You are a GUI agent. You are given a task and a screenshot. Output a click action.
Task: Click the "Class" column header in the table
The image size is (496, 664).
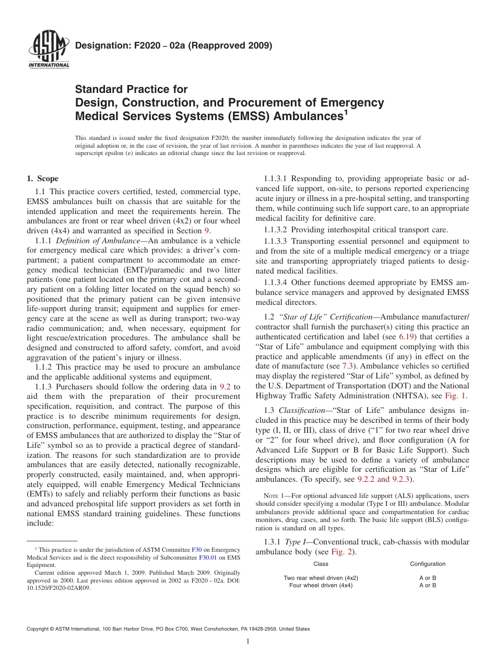(321, 564)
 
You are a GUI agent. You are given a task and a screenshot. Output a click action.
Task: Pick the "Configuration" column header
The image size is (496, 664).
(428, 564)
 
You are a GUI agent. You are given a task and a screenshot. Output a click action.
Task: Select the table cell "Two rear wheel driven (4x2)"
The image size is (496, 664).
(321, 578)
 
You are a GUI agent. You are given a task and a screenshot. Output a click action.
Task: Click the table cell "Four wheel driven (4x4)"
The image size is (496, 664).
(321, 585)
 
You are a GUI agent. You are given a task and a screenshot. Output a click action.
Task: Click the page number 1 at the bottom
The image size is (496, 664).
(248, 642)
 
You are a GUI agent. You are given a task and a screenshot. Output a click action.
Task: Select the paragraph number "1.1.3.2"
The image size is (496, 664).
(273, 229)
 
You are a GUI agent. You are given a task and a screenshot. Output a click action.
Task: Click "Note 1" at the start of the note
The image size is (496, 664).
(266, 495)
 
